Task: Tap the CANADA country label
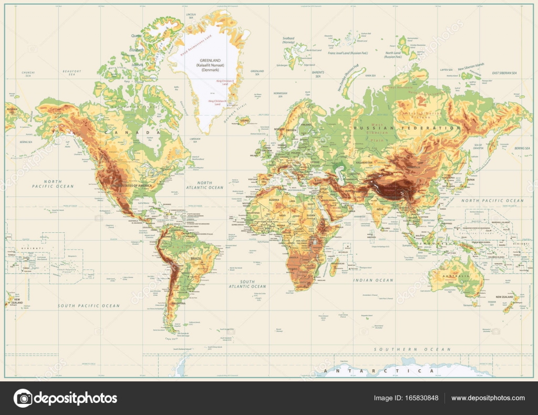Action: click(x=139, y=132)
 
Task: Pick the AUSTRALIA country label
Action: click(x=453, y=276)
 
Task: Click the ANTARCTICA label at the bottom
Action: click(x=379, y=371)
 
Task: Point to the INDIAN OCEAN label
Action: click(x=373, y=281)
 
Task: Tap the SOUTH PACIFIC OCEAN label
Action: click(x=89, y=306)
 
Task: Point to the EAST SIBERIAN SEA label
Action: click(x=511, y=73)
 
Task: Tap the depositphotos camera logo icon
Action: click(x=23, y=398)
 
